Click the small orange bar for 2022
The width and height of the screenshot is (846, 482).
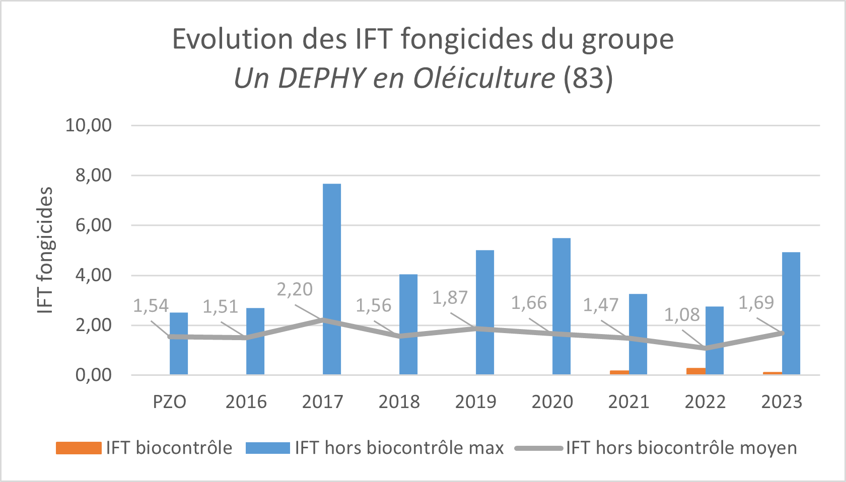pyautogui.click(x=695, y=371)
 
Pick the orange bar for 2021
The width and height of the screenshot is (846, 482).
pyautogui.click(x=619, y=372)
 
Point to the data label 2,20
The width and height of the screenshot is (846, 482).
pyautogui.click(x=295, y=290)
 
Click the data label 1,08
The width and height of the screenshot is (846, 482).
pyautogui.click(x=682, y=315)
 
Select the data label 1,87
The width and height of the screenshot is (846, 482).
pyautogui.click(x=450, y=298)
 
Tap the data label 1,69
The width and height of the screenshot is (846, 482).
pyautogui.click(x=756, y=303)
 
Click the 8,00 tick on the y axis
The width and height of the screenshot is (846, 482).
pyautogui.click(x=94, y=176)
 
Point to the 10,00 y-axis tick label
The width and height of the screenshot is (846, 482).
pyautogui.click(x=89, y=125)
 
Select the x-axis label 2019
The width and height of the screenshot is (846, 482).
pyautogui.click(x=475, y=402)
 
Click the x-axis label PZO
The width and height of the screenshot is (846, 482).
pyautogui.click(x=170, y=402)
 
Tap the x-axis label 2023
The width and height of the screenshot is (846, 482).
pyautogui.click(x=782, y=402)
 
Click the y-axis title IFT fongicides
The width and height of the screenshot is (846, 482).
pyautogui.click(x=45, y=250)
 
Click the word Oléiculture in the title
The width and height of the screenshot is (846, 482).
pyautogui.click(x=484, y=78)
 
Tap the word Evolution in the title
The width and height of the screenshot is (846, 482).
pyautogui.click(x=233, y=39)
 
